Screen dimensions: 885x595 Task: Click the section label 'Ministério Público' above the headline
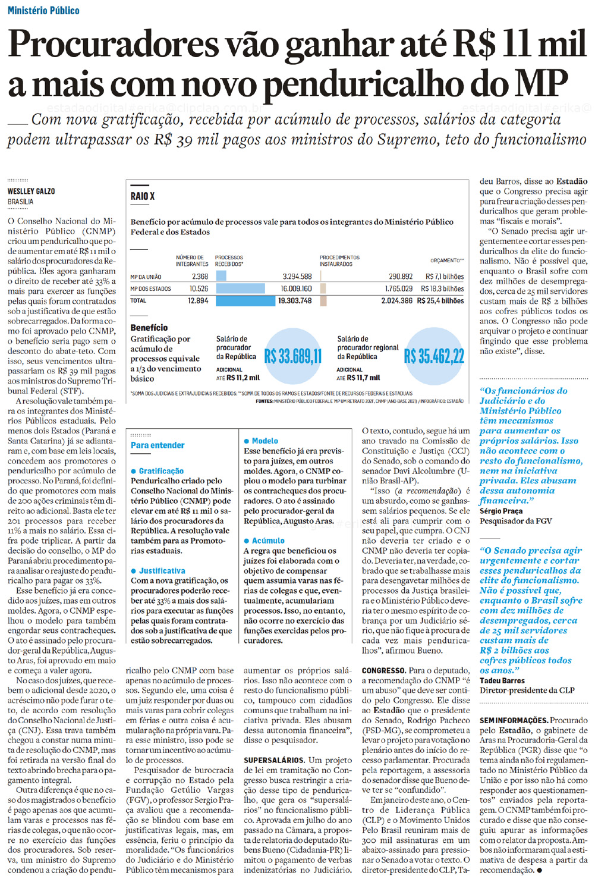click(43, 10)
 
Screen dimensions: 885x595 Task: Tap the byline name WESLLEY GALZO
click(31, 191)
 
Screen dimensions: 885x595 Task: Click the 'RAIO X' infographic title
click(143, 196)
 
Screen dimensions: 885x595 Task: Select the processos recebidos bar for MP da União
click(221, 276)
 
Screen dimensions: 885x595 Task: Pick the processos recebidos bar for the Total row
click(245, 301)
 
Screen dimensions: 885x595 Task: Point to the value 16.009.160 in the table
click(296, 288)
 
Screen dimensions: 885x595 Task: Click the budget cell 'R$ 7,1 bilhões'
click(445, 277)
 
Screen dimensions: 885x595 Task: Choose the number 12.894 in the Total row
click(198, 301)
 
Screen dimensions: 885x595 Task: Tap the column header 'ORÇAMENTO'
click(446, 261)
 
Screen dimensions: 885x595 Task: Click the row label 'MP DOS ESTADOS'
click(150, 288)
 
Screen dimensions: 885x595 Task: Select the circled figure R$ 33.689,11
click(292, 357)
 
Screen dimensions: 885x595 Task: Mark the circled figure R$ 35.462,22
click(434, 357)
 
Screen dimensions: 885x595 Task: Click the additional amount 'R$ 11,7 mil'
click(363, 378)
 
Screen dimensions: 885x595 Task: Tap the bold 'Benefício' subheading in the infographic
click(149, 328)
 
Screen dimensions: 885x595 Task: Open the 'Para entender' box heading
click(158, 445)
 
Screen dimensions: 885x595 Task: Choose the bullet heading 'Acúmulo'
click(268, 541)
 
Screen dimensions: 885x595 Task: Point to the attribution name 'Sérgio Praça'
click(501, 511)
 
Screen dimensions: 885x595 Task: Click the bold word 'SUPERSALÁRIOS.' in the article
click(274, 760)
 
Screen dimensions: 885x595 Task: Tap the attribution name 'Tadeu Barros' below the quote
click(502, 680)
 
